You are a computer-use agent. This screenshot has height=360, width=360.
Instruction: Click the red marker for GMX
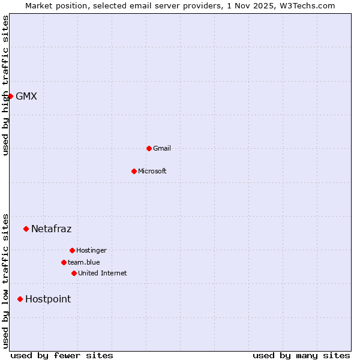tap(10, 96)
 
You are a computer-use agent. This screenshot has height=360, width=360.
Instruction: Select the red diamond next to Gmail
tap(149, 148)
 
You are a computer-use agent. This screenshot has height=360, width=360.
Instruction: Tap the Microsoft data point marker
tap(134, 171)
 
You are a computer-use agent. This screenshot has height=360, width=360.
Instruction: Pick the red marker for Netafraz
tap(26, 229)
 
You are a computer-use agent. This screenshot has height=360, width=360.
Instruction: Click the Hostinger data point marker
tap(72, 250)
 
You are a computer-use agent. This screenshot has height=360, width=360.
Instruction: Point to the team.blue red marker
tap(64, 262)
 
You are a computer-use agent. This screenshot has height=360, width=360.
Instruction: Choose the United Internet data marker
tap(74, 273)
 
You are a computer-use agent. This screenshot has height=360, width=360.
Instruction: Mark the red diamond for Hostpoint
tap(20, 299)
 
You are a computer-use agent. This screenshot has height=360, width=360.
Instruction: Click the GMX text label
tap(26, 96)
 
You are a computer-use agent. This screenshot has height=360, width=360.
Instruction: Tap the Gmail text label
tap(162, 148)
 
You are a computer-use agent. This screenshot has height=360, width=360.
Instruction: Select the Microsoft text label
tap(152, 171)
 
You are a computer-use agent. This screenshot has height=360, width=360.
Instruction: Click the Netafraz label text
tap(52, 229)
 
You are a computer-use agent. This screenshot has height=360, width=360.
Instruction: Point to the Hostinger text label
tap(91, 250)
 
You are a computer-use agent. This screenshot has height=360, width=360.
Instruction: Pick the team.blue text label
tap(84, 262)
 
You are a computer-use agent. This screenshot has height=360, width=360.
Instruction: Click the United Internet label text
tap(103, 273)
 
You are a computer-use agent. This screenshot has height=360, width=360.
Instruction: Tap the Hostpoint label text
tap(48, 299)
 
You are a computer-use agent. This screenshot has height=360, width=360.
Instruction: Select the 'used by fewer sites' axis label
tap(62, 355)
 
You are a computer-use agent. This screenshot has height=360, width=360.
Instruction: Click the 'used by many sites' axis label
tap(301, 355)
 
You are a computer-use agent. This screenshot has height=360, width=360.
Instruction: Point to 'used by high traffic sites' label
tap(5, 85)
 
